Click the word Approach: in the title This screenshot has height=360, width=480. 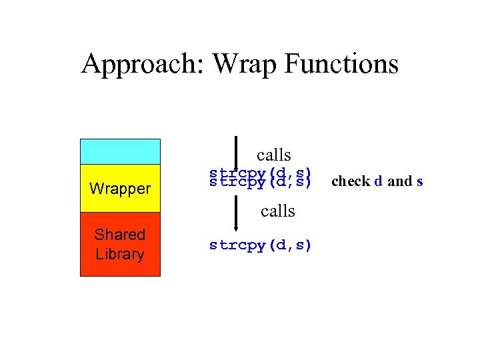[143, 64]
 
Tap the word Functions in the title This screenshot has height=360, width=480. [341, 64]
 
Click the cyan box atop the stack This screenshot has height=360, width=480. [120, 151]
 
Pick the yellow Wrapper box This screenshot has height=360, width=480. [120, 188]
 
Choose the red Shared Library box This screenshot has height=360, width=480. [120, 244]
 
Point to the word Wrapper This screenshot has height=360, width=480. [120, 189]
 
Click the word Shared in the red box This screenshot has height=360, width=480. [120, 235]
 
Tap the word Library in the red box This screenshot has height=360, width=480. [120, 254]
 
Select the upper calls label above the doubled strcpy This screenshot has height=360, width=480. [273, 155]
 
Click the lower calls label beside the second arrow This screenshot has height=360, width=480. [278, 211]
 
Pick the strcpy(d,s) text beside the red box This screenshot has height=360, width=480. [260, 245]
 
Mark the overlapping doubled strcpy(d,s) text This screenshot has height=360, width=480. [260, 177]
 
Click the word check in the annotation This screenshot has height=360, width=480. [351, 181]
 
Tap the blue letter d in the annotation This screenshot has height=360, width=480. [379, 181]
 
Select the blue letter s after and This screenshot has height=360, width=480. [419, 181]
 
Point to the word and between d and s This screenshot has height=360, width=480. [399, 181]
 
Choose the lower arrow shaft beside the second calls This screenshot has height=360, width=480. [237, 212]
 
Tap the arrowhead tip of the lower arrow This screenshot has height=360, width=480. [237, 229]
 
